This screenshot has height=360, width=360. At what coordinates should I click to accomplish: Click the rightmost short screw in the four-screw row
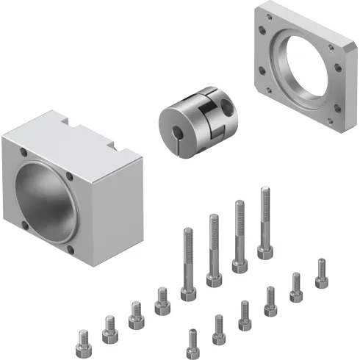(161, 300)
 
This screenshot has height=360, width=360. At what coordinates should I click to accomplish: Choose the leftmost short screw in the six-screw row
(193, 341)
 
